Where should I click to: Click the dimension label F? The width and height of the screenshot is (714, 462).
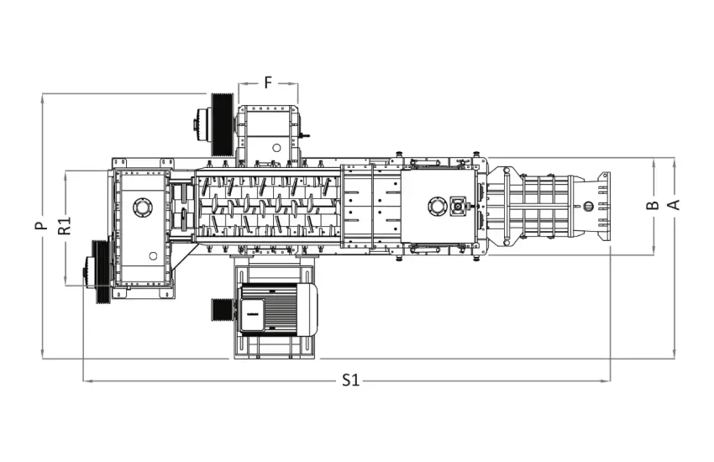[268, 82]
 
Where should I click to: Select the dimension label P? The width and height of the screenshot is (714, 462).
[39, 226]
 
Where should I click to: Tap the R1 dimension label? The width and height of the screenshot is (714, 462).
[64, 226]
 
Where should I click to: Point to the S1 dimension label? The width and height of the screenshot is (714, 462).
[350, 381]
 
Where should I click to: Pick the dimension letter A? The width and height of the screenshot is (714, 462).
[673, 204]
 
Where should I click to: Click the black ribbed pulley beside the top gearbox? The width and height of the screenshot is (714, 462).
[222, 123]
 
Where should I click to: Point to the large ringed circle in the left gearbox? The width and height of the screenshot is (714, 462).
[141, 206]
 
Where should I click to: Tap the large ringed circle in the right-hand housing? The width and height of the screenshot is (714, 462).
[437, 205]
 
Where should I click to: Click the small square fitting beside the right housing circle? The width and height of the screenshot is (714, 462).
[458, 205]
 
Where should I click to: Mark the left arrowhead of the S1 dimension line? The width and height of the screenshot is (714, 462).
[86, 381]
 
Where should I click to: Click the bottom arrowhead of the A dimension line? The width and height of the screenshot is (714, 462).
[673, 355]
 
